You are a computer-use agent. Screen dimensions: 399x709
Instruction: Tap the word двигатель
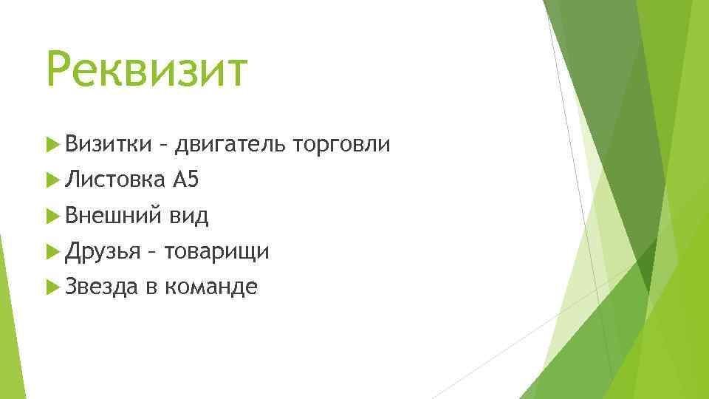(229, 145)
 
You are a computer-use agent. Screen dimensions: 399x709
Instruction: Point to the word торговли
(341, 145)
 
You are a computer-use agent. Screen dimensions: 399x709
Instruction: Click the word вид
(188, 216)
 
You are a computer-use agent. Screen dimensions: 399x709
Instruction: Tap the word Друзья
(102, 252)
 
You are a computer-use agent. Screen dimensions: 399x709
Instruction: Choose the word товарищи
(217, 252)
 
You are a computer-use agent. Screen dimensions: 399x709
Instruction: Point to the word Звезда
(101, 287)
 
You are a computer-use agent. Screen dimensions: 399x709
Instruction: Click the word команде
(210, 287)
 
